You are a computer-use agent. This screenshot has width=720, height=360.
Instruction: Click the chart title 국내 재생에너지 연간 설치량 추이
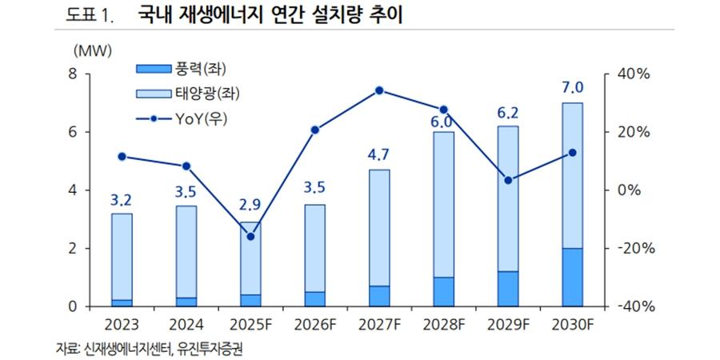(264, 15)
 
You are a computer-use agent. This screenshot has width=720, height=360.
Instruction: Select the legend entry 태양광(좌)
(203, 94)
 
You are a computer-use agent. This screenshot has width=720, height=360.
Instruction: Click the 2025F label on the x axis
(250, 326)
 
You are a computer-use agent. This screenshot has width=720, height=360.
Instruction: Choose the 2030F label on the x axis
(571, 326)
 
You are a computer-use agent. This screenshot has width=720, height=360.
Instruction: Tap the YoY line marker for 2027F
(379, 90)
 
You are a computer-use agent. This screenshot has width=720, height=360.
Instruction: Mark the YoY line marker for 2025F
(250, 237)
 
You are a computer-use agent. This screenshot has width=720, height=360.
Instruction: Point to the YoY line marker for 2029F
(507, 180)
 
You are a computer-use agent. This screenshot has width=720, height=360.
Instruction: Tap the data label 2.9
(250, 208)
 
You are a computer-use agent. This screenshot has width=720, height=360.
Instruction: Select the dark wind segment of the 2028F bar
(443, 292)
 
